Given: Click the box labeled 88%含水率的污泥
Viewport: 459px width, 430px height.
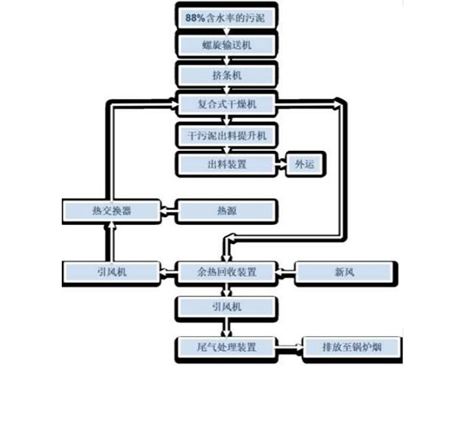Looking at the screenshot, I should [226, 15].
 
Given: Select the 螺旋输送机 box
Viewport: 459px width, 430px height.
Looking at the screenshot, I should [226, 45].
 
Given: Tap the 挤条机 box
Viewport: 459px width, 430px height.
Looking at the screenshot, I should [226, 75].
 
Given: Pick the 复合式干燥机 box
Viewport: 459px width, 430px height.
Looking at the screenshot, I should [226, 104].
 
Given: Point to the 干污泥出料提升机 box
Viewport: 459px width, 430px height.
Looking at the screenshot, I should [226, 134].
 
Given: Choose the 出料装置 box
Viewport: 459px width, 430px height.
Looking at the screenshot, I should [226, 163].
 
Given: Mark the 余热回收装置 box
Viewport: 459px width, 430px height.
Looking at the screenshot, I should [226, 271].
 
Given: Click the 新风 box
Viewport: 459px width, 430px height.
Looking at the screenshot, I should [345, 271].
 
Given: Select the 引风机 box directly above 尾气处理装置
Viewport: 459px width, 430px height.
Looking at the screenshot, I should [226, 307].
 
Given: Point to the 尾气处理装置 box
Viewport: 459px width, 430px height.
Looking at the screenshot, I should [226, 348].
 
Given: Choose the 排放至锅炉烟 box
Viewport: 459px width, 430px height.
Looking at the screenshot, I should [351, 348].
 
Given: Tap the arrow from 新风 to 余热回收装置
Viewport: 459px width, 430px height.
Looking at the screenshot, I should [285, 271].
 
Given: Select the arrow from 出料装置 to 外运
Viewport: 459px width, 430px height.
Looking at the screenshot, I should [280, 163].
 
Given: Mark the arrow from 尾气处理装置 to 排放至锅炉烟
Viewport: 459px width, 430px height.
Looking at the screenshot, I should [290, 348].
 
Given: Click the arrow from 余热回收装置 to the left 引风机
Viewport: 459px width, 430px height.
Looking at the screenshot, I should [168, 271].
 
